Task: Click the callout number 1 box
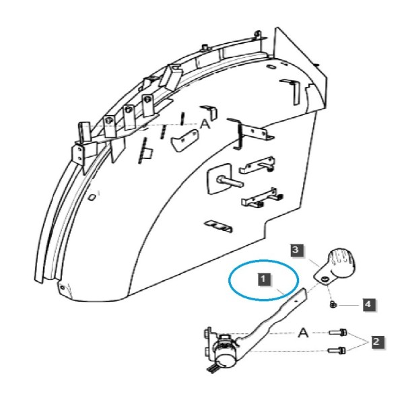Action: [x=263, y=279]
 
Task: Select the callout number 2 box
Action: [x=376, y=341]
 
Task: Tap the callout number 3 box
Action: [x=296, y=250]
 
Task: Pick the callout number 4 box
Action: [x=368, y=304]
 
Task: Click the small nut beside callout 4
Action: [x=333, y=304]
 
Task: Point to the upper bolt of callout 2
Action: [x=337, y=333]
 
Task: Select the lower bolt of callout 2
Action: [x=337, y=350]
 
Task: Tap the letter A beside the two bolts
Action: [x=303, y=333]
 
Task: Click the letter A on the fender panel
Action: [x=205, y=125]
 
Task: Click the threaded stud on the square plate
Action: [x=230, y=181]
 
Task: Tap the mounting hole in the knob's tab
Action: [x=326, y=279]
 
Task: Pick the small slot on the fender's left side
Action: [x=92, y=197]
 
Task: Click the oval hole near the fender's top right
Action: [x=271, y=67]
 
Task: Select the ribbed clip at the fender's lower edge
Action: [x=219, y=226]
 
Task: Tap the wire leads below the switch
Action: [x=212, y=368]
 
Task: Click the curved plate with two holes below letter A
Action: [x=184, y=141]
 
